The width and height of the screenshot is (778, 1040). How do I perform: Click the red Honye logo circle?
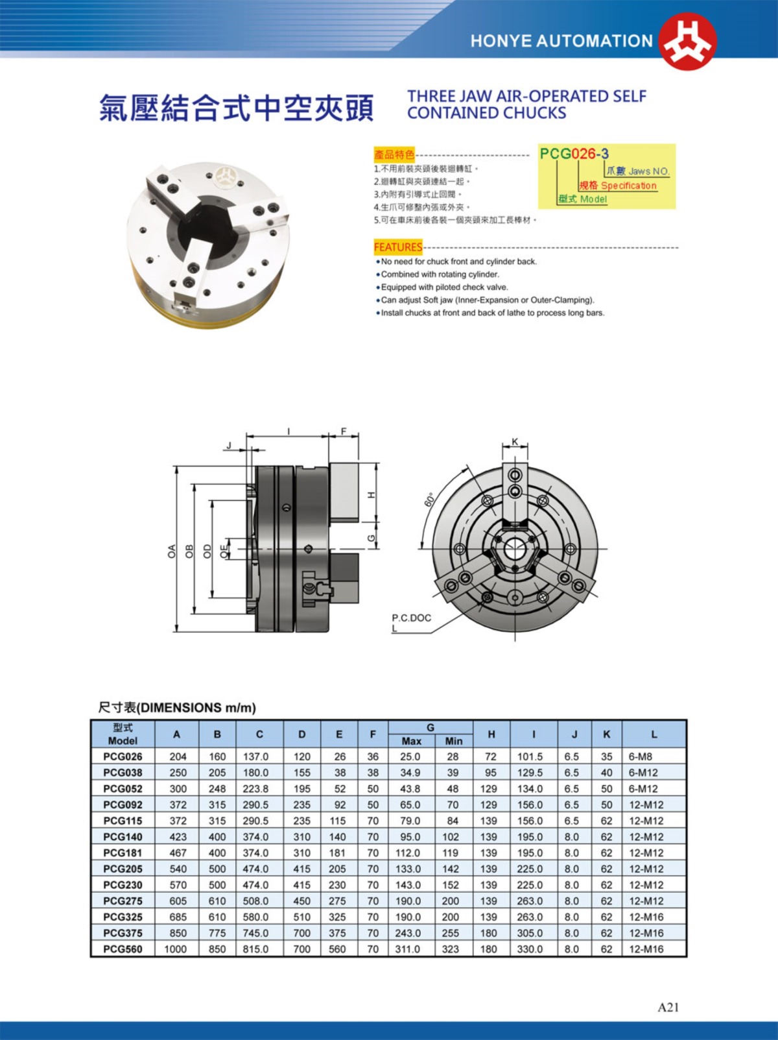click(687, 41)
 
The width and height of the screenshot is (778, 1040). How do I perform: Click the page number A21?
click(668, 1007)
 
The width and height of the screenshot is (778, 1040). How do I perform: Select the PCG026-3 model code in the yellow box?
click(574, 154)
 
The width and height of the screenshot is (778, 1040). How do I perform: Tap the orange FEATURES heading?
click(397, 247)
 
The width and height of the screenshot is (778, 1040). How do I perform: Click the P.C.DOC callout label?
click(411, 618)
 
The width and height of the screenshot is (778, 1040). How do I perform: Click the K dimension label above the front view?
click(515, 442)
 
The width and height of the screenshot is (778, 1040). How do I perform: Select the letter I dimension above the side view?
click(289, 431)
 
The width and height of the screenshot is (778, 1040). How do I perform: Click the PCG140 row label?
click(123, 837)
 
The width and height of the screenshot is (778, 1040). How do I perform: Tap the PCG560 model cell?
click(123, 949)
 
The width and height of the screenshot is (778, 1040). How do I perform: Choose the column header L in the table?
click(654, 734)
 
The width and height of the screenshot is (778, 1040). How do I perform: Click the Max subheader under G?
click(412, 741)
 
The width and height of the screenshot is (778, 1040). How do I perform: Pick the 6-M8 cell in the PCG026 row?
click(641, 756)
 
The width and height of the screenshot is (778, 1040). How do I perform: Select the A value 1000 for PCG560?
click(175, 949)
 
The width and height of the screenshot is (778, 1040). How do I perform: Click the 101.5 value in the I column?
click(530, 756)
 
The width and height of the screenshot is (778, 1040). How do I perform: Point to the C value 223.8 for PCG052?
click(255, 789)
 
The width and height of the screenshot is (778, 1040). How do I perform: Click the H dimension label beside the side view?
click(371, 494)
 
